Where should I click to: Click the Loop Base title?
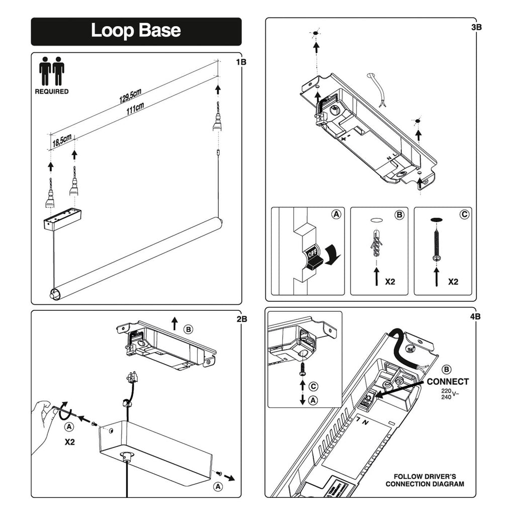(136, 31)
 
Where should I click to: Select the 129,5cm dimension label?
(130, 96)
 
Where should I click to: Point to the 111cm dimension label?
(135, 109)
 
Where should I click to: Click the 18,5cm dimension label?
(61, 141)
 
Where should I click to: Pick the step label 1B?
(241, 62)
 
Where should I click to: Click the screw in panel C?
(436, 241)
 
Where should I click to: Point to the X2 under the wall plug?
(390, 282)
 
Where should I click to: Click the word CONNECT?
(448, 382)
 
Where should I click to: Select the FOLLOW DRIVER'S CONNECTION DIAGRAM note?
(425, 480)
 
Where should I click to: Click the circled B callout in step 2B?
(188, 329)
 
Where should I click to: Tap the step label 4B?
(475, 317)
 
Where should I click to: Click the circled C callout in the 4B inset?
(313, 387)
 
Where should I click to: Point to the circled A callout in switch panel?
(335, 214)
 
